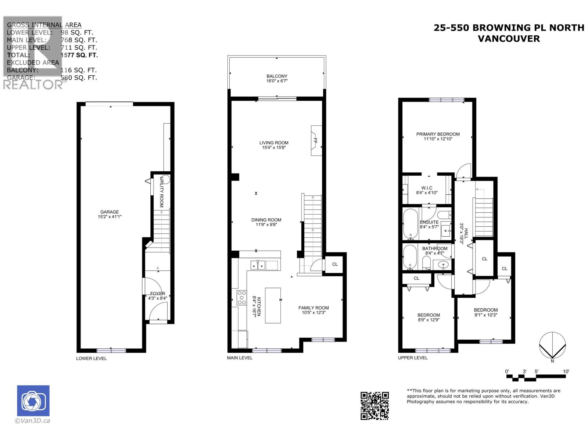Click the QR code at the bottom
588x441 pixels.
point(374,405)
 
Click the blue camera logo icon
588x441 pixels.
point(33,401)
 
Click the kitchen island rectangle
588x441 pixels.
point(273,305)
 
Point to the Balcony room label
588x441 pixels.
point(277,76)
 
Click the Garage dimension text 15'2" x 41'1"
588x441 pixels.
point(110,217)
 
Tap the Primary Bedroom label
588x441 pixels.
point(438,134)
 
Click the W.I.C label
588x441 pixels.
point(427,188)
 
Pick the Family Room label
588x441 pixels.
point(313,308)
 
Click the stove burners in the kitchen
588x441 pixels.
point(242,298)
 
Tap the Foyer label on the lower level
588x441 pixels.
point(158,294)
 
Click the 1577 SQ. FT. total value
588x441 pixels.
point(79,55)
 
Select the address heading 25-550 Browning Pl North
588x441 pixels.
point(509,28)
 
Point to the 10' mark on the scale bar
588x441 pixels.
point(566,372)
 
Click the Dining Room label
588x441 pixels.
point(266,220)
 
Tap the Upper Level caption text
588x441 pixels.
point(413,358)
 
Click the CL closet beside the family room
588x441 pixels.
point(335,264)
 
